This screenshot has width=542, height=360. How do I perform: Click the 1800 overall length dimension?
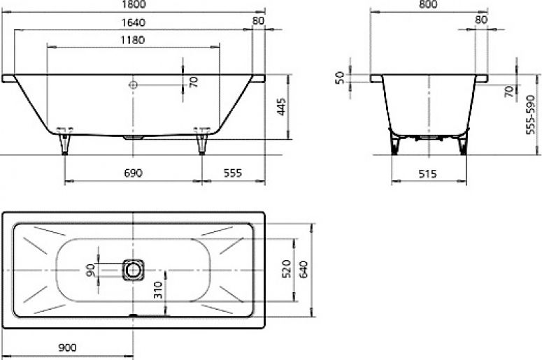133,4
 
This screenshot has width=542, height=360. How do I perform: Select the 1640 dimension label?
133,23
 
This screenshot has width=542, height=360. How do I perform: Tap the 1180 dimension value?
133,40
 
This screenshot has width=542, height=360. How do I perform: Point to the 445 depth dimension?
281,107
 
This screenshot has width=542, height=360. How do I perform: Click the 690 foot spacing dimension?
133,173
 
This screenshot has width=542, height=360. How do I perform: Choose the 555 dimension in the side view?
233,173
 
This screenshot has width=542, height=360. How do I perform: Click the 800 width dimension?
428,4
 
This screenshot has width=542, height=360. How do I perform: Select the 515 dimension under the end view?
428,174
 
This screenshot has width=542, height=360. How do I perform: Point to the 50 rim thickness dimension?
340,78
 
